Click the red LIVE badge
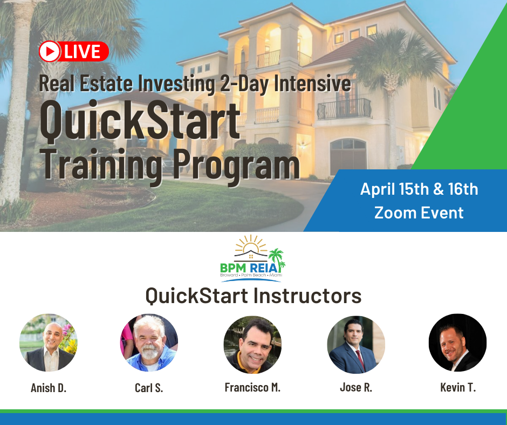point(74,52)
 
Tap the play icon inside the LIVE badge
point(50,52)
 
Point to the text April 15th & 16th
point(419,189)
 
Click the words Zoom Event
point(419,212)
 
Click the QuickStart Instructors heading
point(253,296)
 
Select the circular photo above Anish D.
point(49,344)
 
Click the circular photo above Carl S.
point(149,344)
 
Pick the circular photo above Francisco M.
point(252,345)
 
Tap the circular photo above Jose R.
point(356,345)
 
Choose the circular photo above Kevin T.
point(457,342)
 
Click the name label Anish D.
point(49,388)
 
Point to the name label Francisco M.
point(252,388)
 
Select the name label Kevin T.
point(457,388)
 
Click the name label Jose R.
point(356,388)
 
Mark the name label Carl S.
point(149,388)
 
